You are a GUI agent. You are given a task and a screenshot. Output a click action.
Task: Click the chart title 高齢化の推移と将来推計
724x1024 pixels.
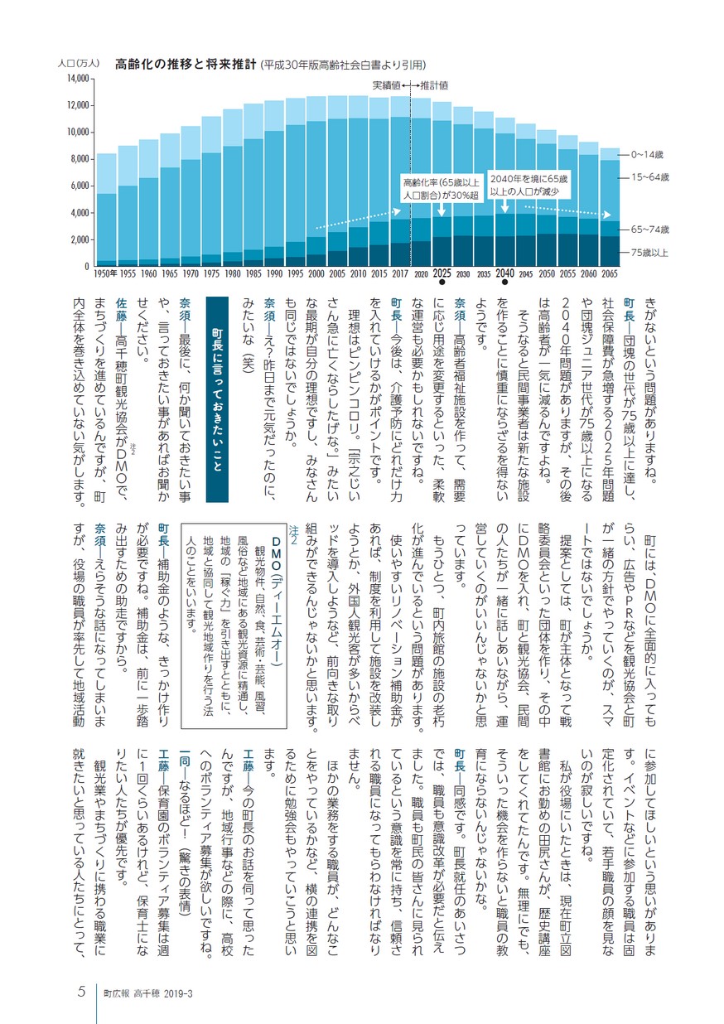click(x=185, y=65)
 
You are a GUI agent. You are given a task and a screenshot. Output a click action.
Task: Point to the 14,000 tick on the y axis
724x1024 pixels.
click(x=78, y=79)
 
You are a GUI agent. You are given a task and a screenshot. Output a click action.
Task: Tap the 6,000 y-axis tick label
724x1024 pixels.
click(x=79, y=186)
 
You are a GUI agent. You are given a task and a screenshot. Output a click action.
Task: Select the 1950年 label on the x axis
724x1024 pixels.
click(x=105, y=274)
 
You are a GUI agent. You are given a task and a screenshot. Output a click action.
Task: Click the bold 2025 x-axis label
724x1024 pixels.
click(x=442, y=273)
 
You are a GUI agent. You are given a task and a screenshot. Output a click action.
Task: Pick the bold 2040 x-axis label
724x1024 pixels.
click(x=504, y=273)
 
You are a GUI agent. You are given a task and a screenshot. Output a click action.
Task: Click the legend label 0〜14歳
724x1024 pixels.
click(x=647, y=155)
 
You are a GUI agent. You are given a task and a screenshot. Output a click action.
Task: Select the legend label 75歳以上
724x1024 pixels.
click(x=649, y=253)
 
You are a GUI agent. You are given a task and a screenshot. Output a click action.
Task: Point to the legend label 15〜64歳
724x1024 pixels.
click(x=649, y=177)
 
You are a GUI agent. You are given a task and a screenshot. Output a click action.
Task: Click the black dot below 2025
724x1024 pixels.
click(x=442, y=283)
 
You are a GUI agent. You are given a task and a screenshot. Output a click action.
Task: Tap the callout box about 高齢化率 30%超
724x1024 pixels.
click(x=441, y=188)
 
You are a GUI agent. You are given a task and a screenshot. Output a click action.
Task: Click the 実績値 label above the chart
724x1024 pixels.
click(x=386, y=85)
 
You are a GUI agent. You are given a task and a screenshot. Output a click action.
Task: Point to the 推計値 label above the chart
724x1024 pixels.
click(x=434, y=85)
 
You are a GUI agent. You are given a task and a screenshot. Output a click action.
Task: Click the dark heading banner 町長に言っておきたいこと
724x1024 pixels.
click(x=217, y=399)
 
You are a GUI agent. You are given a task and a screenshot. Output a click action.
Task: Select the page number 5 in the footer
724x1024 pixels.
click(x=81, y=991)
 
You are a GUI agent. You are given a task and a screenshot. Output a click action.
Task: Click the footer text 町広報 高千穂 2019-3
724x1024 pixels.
click(x=147, y=993)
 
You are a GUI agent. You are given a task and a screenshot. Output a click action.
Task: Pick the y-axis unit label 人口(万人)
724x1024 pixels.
click(x=78, y=64)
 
